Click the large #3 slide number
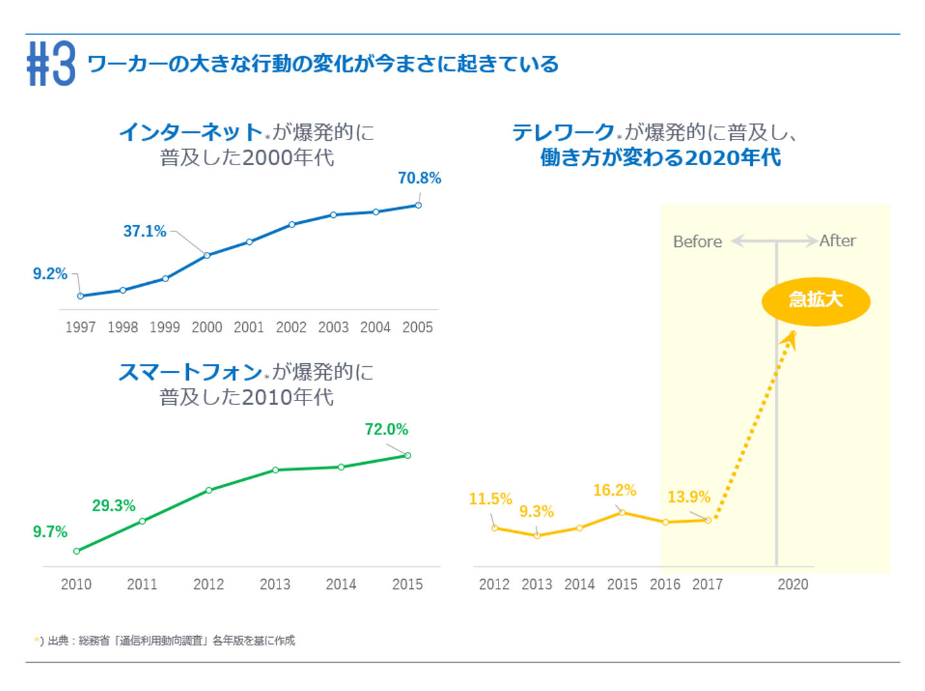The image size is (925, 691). tap(51, 64)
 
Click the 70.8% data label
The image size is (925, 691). tap(419, 178)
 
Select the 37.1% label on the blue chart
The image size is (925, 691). tap(145, 231)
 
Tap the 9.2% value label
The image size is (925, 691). tap(50, 274)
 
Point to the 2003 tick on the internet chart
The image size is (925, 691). tap(333, 327)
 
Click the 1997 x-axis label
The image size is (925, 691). tap(80, 327)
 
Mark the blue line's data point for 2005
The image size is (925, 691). tap(418, 205)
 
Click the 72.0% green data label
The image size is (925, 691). tap(386, 429)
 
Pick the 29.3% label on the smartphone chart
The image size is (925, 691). tap(114, 506)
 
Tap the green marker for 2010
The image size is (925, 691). tap(77, 551)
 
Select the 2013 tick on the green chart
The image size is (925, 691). tap(275, 584)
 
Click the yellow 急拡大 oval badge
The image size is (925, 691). tap(815, 301)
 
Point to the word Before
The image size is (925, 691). tap(697, 242)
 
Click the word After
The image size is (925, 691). tap(838, 240)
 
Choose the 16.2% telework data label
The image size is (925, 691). tap(614, 490)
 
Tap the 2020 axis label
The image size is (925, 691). tap(793, 584)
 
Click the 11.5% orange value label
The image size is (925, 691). tap(490, 499)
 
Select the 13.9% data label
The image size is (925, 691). tap(689, 497)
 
